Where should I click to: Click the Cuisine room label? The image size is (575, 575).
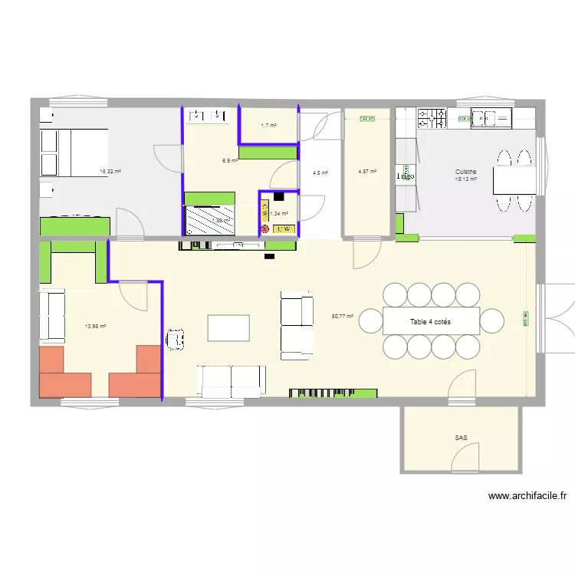pos(466,172)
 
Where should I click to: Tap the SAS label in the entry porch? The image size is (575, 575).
pos(461,439)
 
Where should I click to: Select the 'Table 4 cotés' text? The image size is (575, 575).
pos(430,322)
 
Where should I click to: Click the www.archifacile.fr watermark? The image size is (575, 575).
pos(527,496)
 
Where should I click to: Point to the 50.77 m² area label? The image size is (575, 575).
pos(342,316)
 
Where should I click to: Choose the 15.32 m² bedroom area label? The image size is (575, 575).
pos(110,172)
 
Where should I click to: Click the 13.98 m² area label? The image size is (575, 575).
pos(95,326)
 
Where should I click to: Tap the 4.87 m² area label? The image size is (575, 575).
pos(367,172)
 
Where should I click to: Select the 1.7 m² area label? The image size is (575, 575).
pos(268,125)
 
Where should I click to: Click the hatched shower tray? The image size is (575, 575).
pos(209,221)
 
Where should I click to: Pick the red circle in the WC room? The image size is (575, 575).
pos(265,228)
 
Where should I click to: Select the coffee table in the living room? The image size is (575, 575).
pos(228,328)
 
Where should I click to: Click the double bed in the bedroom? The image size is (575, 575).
pos(74,152)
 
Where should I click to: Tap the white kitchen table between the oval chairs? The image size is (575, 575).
pos(514,180)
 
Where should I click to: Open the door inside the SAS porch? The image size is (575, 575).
pos(465,458)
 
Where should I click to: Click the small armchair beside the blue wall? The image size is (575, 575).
pos(176,337)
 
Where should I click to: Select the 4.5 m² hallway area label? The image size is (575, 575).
pos(320,172)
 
